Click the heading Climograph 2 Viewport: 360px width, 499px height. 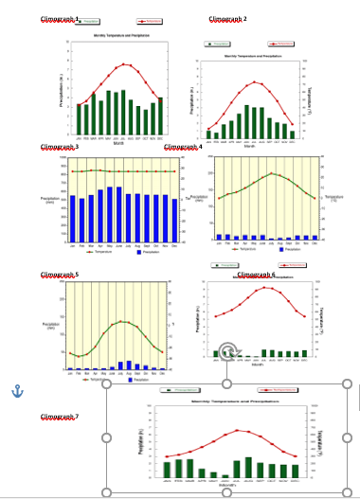tap(227, 19)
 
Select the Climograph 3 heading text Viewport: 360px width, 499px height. tap(59, 147)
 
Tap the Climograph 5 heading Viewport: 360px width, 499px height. tap(59, 274)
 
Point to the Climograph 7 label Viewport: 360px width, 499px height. tap(59, 417)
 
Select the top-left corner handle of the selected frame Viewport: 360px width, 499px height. tap(108, 383)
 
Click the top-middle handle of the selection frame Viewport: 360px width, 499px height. tap(227, 383)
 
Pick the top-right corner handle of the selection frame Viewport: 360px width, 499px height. tap(346, 383)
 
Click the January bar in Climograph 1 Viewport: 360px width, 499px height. tap(80, 118)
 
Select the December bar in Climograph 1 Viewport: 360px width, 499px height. tap(160, 115)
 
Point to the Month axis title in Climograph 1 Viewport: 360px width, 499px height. tap(118, 143)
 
